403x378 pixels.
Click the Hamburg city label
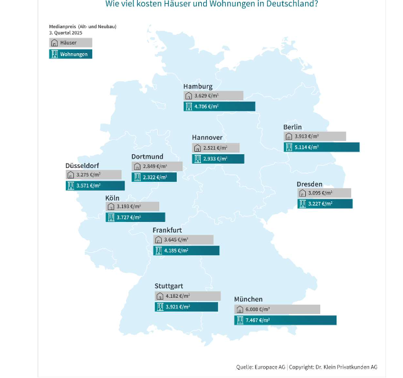tap(197, 86)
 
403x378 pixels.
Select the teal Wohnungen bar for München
tap(285, 320)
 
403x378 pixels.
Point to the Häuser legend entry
tap(70, 43)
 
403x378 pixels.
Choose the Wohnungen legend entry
tap(70, 54)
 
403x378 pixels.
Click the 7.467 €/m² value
tap(258, 320)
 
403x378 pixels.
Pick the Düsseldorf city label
tap(83, 165)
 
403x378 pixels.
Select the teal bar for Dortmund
tap(154, 177)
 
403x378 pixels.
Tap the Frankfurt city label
tap(167, 230)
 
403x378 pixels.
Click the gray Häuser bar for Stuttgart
tap(187, 296)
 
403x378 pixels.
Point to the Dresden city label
tap(310, 184)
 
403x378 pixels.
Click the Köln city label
tap(112, 197)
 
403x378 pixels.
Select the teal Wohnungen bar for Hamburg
tap(219, 107)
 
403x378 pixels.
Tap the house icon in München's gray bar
tap(239, 310)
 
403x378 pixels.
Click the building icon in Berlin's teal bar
tap(289, 147)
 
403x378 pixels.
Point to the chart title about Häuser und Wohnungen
tap(211, 4)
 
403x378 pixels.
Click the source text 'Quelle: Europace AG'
tap(260, 367)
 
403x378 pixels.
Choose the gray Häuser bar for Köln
tap(132, 206)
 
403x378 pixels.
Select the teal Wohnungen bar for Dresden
tap(325, 204)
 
